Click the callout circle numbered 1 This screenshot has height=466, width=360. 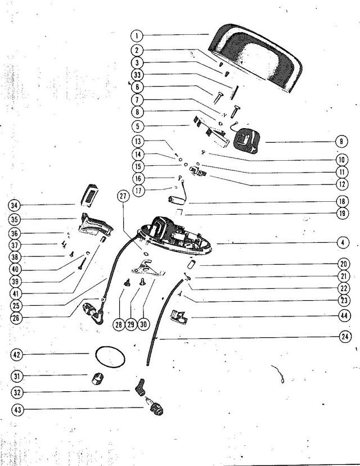coord(137,36)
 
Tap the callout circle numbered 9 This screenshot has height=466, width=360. coord(341,142)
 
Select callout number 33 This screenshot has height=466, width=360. coord(137,75)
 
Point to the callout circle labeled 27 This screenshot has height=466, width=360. coord(123,197)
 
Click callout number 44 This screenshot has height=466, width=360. coord(344,315)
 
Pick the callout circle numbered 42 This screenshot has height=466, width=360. coord(17,355)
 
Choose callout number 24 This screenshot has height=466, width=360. coord(345,337)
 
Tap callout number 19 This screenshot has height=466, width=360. coord(343,213)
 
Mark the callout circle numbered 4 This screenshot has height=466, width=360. coord(343,242)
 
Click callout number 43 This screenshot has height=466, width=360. coord(17,410)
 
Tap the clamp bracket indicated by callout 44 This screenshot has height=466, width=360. coord(179,316)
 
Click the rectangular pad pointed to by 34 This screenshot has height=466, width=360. coord(89,196)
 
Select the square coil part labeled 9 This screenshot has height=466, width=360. coord(247,141)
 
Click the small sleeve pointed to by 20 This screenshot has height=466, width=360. coord(192,264)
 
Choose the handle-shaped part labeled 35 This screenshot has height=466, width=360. coord(95,225)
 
